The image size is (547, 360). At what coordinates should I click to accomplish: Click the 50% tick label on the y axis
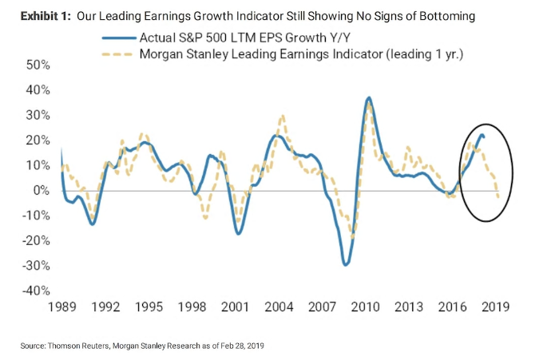pos(37,65)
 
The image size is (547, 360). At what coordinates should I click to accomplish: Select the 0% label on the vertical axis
pos(41,191)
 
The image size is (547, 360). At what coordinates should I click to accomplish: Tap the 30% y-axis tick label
pos(37,115)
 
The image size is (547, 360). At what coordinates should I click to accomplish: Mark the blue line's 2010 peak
pos(368,97)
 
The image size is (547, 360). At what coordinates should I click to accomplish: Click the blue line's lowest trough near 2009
pos(346,264)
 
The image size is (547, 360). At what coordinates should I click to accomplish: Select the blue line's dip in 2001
pos(238,232)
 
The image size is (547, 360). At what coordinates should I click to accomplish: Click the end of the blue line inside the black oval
pos(483,137)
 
